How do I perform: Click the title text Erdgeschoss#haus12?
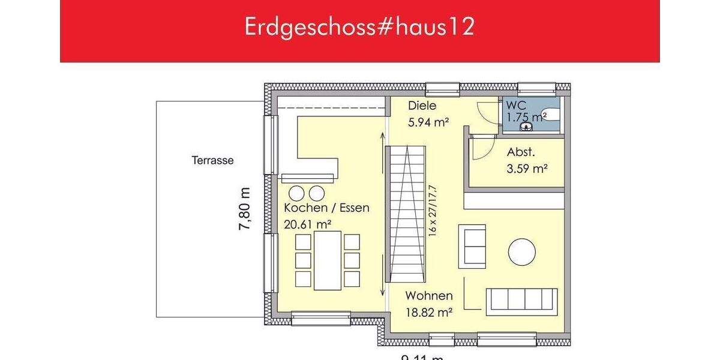(359, 27)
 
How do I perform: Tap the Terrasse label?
(212, 161)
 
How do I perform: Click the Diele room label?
(422, 106)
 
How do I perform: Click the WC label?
(516, 106)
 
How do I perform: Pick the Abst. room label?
(520, 152)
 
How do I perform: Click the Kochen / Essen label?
(326, 208)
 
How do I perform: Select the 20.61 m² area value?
(308, 224)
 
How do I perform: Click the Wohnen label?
(428, 296)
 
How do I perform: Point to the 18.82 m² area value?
(428, 312)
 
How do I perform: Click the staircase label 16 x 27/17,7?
(432, 211)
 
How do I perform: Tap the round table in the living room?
(521, 252)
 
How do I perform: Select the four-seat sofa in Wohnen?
(521, 299)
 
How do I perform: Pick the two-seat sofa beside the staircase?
(472, 246)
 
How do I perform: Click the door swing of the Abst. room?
(480, 149)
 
